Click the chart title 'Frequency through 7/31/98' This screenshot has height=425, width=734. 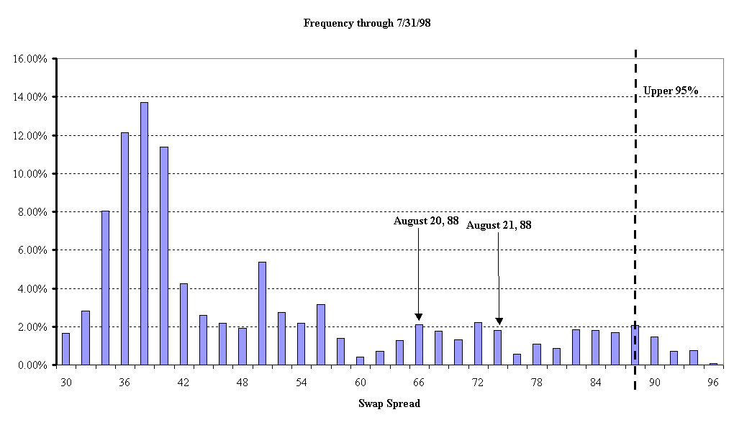point(367,23)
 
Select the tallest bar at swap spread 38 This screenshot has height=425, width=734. point(144,234)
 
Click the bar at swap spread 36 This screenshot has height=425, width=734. point(124,249)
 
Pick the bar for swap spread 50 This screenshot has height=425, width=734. point(262,314)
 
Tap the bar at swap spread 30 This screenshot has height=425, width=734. point(66,349)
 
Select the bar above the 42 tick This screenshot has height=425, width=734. point(183,324)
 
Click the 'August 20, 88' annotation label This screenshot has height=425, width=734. point(425,221)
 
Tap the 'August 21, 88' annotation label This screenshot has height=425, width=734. point(499,225)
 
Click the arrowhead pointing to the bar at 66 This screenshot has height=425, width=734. point(419,317)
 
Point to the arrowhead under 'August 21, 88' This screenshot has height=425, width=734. point(499,321)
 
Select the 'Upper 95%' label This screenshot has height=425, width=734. point(671,91)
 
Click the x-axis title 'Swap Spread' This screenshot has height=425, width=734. point(389,403)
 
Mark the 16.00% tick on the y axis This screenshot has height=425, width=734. point(30,59)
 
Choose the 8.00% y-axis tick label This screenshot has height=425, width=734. point(32,212)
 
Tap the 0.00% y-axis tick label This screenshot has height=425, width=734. point(32,365)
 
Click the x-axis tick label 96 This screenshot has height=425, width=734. point(713,383)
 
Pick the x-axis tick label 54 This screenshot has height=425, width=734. point(301,383)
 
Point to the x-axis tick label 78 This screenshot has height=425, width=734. point(536,383)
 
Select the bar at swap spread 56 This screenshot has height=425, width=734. point(321,334)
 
